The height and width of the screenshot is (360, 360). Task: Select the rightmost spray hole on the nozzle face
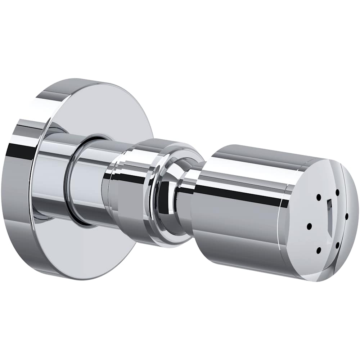pyautogui.click(x=346, y=216)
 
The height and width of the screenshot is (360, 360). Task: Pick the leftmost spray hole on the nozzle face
pyautogui.click(x=309, y=226)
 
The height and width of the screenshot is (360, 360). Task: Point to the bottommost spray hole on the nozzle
pyautogui.click(x=318, y=249)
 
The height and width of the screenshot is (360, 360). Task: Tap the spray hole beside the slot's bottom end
pyautogui.click(x=337, y=245)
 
